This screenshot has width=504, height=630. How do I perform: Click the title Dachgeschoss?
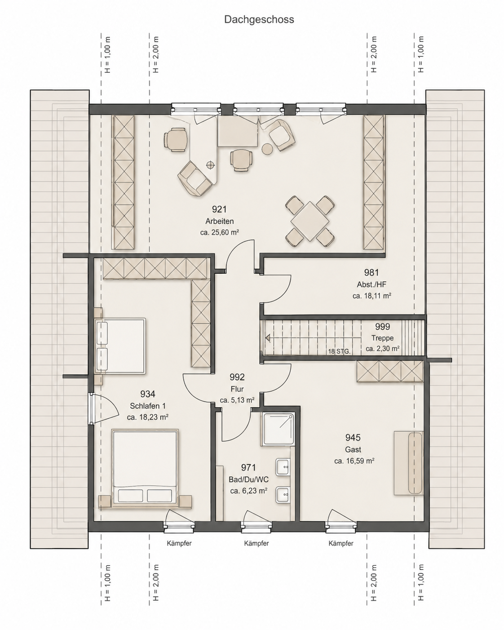click(259, 20)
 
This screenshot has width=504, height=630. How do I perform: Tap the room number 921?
click(219, 209)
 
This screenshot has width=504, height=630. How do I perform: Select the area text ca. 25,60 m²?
click(220, 233)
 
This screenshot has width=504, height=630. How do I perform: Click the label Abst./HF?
click(371, 284)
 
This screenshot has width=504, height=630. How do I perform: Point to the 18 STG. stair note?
click(339, 351)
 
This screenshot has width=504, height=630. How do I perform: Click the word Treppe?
click(382, 338)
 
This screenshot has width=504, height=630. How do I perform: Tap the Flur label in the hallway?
click(237, 389)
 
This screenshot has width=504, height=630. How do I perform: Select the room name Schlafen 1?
click(147, 406)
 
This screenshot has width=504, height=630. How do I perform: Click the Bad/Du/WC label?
click(248, 479)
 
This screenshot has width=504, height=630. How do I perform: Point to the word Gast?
click(353, 449)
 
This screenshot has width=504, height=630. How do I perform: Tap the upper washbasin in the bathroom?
click(283, 467)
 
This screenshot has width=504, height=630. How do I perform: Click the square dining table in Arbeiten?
click(309, 221)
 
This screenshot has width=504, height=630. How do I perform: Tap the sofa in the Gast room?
click(409, 463)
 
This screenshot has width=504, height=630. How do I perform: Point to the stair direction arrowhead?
click(268, 338)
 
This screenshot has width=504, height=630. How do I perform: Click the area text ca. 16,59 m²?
click(354, 461)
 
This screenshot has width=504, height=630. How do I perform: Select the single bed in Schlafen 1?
click(120, 346)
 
